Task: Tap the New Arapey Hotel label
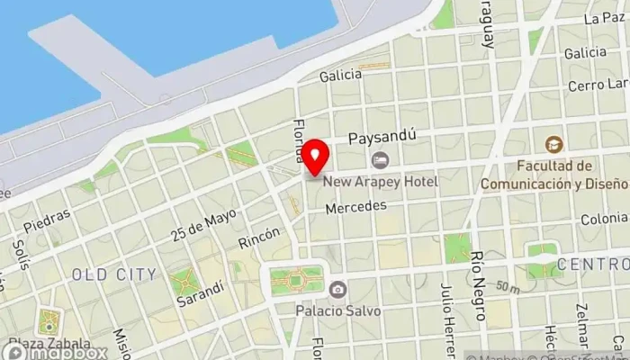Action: [381, 182]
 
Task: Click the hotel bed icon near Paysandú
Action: [380, 160]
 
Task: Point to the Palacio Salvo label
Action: [338, 311]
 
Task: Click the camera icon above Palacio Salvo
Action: [337, 290]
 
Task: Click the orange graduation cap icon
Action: [553, 144]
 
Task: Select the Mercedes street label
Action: [355, 206]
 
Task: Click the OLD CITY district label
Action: [113, 274]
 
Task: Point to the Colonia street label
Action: [604, 219]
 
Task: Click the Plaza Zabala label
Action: [50, 344]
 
